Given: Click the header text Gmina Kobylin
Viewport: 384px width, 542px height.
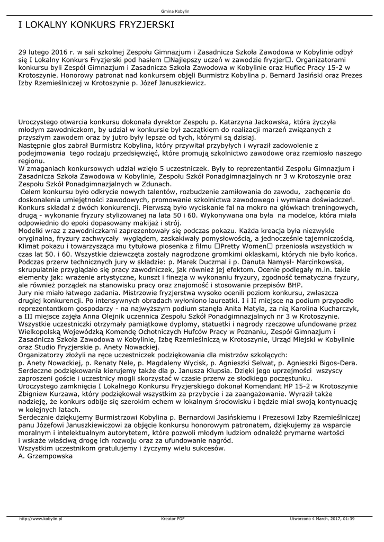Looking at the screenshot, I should (175, 11).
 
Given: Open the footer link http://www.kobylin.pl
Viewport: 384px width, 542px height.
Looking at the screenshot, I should (41, 518).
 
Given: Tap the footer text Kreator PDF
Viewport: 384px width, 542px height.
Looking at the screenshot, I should (173, 518).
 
